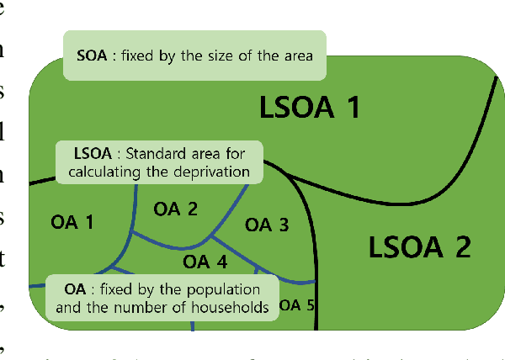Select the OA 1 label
click(72, 223)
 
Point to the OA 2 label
click(175, 209)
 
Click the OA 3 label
click(266, 225)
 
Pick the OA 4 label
click(205, 262)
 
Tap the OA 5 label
click(296, 304)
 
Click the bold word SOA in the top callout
click(91, 56)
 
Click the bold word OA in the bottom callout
click(75, 290)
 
